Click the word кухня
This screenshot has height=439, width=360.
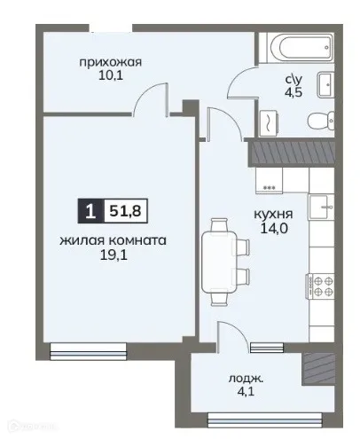click(274, 213)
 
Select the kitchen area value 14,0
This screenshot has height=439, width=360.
click(274, 229)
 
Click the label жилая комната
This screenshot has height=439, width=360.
click(113, 240)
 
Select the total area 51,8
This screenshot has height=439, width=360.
click(126, 210)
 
